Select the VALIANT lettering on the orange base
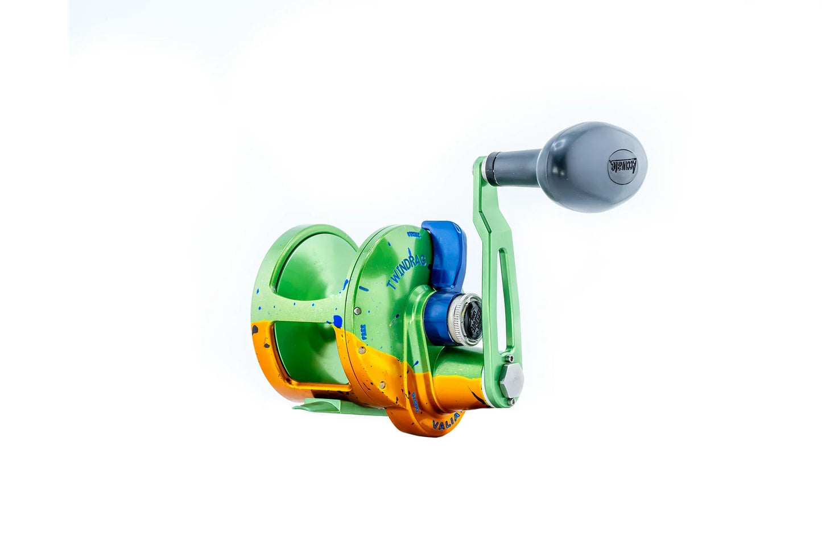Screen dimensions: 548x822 [448, 422]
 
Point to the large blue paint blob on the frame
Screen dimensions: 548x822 [337, 321]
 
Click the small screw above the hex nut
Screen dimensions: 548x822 [511, 359]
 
